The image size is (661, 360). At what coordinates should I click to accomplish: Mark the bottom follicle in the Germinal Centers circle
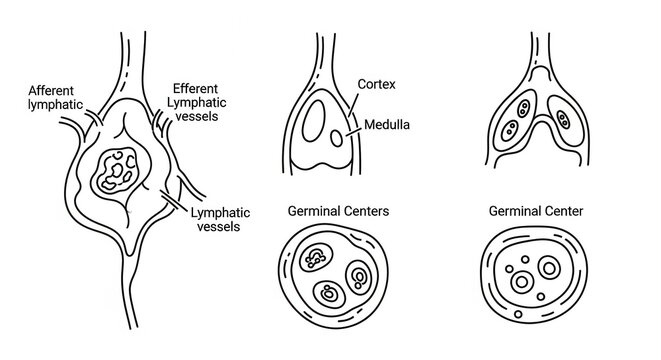pos(329,295)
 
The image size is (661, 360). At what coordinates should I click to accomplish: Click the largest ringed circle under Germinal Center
pos(549,269)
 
